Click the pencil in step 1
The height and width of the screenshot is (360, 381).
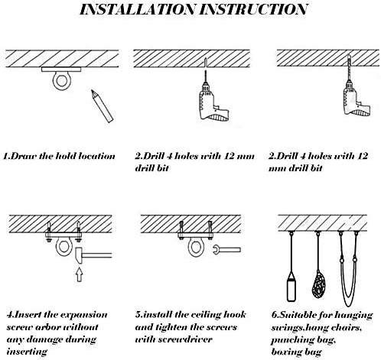click(x=102, y=106)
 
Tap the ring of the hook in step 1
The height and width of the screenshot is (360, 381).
click(x=54, y=81)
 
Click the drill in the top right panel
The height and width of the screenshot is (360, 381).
click(x=355, y=98)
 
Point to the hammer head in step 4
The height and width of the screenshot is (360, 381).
click(x=79, y=255)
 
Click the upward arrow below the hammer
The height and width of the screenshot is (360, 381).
click(x=80, y=274)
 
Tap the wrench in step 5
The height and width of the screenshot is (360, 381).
click(x=226, y=249)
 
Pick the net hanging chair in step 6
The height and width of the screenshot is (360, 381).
click(x=319, y=284)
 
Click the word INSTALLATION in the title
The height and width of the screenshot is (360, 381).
click(x=138, y=9)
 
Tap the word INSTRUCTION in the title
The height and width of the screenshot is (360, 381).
click(x=253, y=9)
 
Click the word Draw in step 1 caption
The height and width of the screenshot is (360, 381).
click(x=24, y=156)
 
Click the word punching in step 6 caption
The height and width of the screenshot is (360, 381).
click(x=288, y=340)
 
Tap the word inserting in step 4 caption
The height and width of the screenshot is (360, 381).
click(x=27, y=352)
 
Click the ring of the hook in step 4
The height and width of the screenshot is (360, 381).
click(x=57, y=247)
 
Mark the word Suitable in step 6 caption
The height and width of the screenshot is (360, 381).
click(x=293, y=315)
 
